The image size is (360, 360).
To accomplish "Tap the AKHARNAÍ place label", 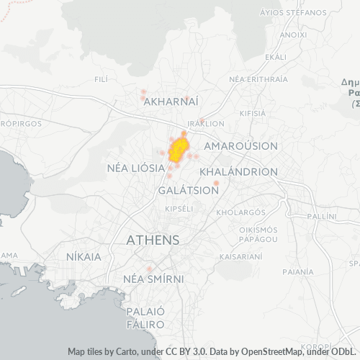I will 171,103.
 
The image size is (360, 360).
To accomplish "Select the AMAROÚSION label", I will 240,146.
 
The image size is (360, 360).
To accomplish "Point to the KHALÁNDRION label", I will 238,173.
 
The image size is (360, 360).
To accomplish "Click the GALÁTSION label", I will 188,191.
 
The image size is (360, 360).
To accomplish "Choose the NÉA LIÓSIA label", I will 135,168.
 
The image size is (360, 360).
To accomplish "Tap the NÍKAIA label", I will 84,256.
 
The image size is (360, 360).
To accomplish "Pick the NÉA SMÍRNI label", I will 153,279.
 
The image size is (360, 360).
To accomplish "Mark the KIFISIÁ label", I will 251,114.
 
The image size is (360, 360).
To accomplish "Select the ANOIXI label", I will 292,34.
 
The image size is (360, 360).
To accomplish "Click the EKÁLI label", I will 276,57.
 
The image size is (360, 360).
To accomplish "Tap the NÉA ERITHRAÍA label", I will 257,78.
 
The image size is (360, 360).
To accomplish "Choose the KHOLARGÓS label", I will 241,212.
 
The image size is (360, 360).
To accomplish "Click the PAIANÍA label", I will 299,272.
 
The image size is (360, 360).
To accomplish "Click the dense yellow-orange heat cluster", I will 177,150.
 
